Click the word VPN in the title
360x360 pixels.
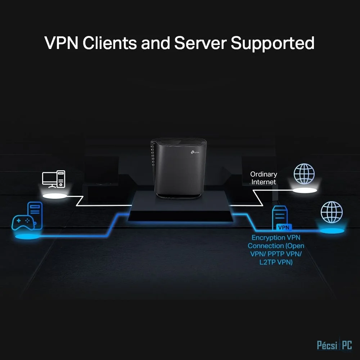click(x=61, y=43)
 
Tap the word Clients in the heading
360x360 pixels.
click(x=110, y=43)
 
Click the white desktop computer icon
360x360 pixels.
click(x=54, y=179)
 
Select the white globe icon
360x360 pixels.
click(x=304, y=174)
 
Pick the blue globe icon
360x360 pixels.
click(x=332, y=212)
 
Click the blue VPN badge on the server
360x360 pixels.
click(x=284, y=227)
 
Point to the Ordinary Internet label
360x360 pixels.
click(x=264, y=178)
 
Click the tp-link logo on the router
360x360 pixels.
click(x=195, y=152)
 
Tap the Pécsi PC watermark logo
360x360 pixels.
click(x=334, y=345)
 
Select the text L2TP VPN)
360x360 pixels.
click(x=276, y=262)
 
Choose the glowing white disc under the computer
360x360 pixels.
click(x=55, y=196)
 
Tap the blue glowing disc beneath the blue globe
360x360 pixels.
click(x=332, y=231)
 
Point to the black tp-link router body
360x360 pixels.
click(x=179, y=168)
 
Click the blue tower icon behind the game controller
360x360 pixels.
click(x=36, y=215)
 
